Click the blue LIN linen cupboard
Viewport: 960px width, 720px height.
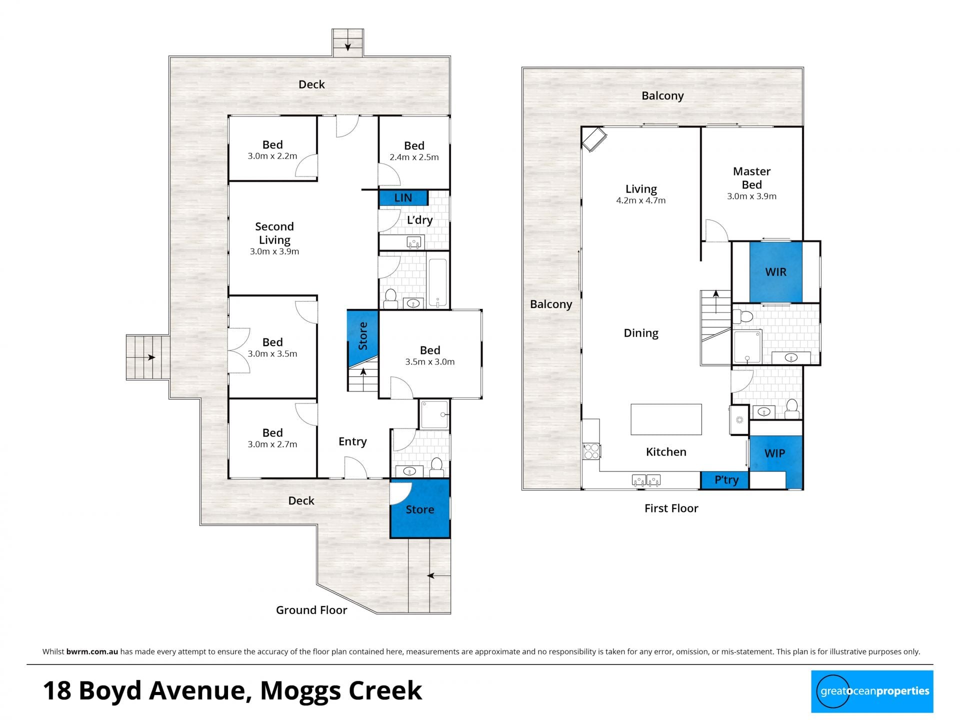click(x=403, y=197)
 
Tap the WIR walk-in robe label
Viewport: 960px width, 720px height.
click(x=775, y=272)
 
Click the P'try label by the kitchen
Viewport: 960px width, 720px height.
click(x=726, y=480)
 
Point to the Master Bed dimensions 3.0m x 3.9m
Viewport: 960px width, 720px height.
click(x=751, y=196)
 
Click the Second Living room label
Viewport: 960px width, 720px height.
click(x=274, y=233)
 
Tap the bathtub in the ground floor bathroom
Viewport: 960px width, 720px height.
click(x=438, y=282)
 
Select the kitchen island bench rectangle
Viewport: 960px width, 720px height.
click(x=666, y=419)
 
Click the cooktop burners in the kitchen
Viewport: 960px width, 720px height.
click(x=591, y=451)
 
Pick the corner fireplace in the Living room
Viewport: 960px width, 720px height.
click(x=593, y=139)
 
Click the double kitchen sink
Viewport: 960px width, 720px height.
click(x=646, y=480)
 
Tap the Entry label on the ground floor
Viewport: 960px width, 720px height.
click(x=352, y=442)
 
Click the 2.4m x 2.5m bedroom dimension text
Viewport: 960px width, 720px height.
click(x=414, y=157)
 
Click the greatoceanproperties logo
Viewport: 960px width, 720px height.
click(x=872, y=691)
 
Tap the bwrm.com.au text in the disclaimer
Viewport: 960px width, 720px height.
click(x=92, y=651)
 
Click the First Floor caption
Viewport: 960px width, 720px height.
click(x=671, y=508)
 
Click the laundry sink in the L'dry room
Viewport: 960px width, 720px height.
click(x=414, y=243)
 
